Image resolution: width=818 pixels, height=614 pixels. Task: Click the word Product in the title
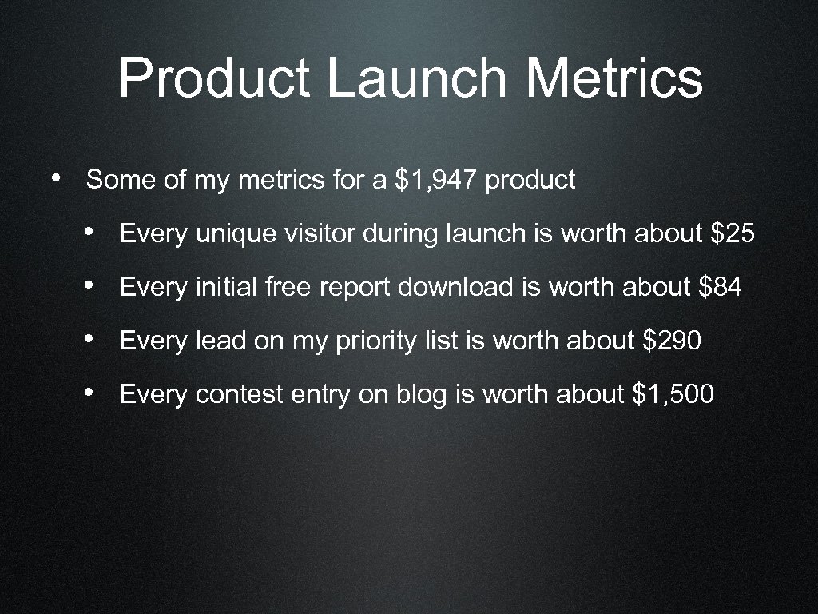click(214, 79)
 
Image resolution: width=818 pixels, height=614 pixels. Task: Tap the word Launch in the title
click(416, 79)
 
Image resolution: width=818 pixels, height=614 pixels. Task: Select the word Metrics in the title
click(614, 79)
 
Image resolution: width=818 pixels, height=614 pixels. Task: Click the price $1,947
click(436, 180)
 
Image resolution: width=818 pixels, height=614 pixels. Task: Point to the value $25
click(732, 234)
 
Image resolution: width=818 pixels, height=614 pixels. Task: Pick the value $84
click(720, 287)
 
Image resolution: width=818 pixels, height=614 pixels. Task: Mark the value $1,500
click(673, 394)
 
